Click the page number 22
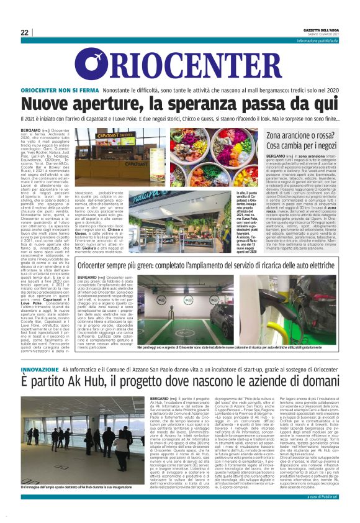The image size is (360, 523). [x=25, y=32]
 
